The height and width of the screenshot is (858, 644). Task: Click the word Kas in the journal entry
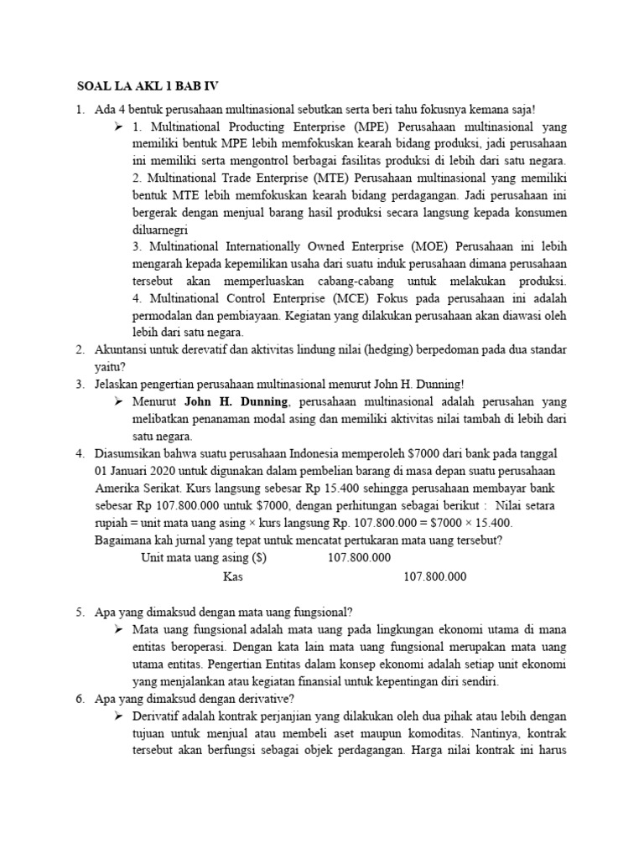pos(233,576)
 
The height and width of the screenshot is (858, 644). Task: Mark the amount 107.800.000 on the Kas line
pos(435,576)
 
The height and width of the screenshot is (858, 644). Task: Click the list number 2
pos(80,349)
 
